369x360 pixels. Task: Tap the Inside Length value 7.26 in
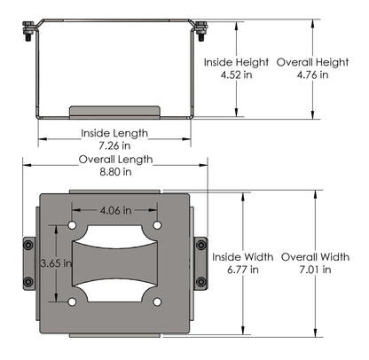tap(114, 145)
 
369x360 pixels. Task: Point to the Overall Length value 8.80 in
tap(114, 172)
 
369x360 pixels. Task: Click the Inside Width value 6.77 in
tap(235, 269)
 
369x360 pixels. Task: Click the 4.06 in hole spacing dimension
tap(115, 211)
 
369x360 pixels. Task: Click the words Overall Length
tap(115, 160)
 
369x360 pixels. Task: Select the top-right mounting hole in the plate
tap(157, 225)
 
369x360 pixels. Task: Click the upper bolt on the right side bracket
tap(201, 246)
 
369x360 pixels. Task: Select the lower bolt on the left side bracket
tap(28, 282)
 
